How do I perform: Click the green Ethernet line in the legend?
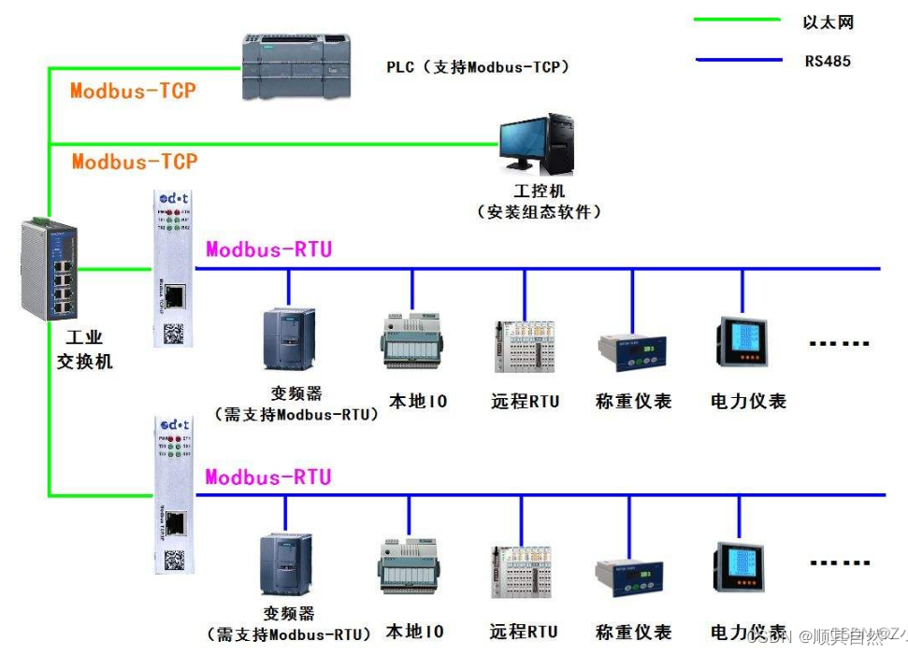737,19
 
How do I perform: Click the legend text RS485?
828,62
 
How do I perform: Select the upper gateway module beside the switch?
173,270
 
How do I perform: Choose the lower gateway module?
173,494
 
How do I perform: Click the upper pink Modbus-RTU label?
268,249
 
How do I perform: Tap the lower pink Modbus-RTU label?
268,477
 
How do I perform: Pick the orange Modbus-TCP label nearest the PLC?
134,91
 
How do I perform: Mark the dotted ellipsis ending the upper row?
839,345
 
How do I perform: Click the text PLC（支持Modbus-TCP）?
478,67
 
